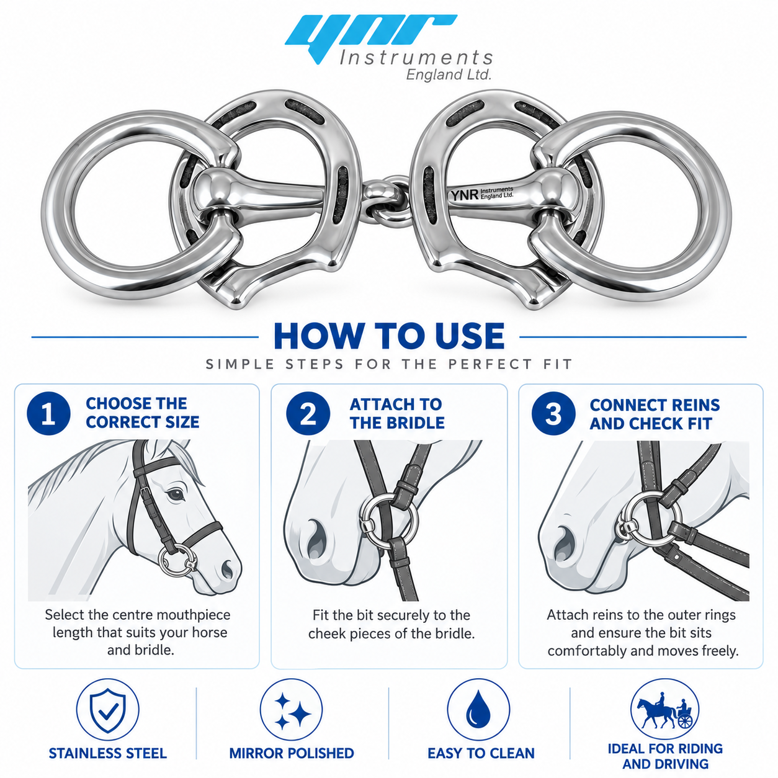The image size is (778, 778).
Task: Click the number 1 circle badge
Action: click(x=48, y=413)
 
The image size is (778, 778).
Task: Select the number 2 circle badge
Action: click(x=308, y=413)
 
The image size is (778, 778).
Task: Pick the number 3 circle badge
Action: click(x=553, y=413)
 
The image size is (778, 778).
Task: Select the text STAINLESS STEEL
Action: click(x=108, y=753)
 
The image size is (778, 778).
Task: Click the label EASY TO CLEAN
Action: click(x=481, y=753)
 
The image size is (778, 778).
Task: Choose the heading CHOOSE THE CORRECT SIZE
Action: click(x=143, y=413)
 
